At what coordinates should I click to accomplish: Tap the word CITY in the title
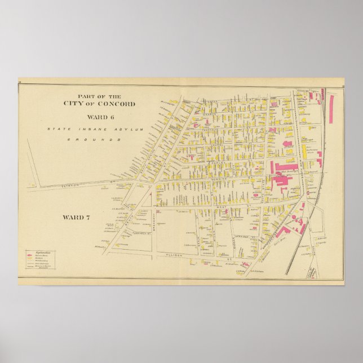tap(81, 104)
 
